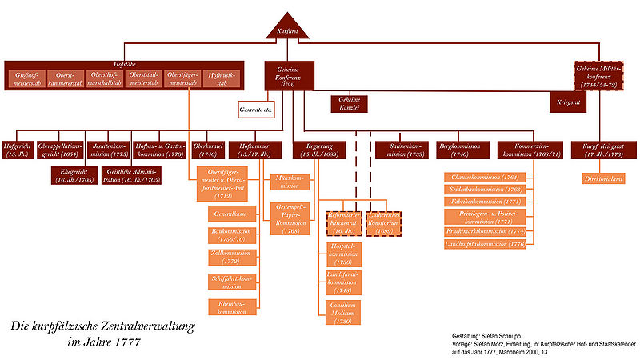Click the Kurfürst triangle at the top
[x=287, y=30]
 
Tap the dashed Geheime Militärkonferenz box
[x=602, y=78]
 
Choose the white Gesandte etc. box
[x=256, y=108]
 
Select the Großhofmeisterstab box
[x=29, y=78]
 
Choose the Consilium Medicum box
[x=341, y=312]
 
